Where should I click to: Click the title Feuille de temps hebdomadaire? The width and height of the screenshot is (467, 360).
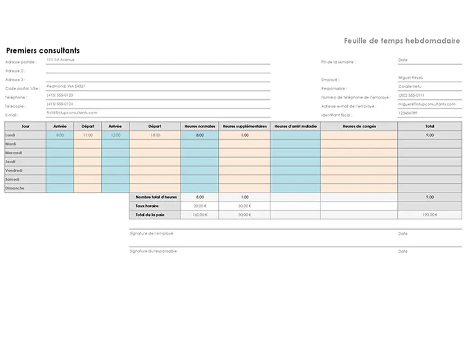coord(402,41)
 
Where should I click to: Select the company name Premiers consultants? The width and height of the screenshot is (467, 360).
coord(43,50)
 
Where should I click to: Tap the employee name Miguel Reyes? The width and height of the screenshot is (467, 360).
coord(410,77)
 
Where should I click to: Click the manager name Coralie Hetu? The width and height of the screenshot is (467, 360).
coord(409,86)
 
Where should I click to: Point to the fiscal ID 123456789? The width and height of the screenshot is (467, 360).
coord(408,113)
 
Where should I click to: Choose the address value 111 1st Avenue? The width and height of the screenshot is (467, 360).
coord(60,59)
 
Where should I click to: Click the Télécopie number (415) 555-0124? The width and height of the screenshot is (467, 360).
coord(60,104)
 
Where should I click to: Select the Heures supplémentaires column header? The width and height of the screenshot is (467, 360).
coord(245,126)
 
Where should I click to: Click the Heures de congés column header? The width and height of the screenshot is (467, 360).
coord(359,126)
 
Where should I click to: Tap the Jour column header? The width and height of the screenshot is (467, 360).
coord(25,126)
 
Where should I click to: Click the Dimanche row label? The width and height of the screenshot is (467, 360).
coord(14,188)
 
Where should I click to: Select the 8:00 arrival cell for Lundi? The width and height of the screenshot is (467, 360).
coord(60,135)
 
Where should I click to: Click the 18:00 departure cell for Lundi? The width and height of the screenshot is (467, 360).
coord(155,135)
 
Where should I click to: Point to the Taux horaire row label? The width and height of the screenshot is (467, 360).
coord(144,206)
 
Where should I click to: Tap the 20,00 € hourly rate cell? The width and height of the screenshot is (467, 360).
coord(200,206)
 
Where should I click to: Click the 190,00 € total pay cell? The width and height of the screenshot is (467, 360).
coord(430,215)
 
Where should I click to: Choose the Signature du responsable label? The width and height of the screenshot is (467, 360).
coord(153,251)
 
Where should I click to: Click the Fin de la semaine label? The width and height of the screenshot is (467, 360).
coord(338,62)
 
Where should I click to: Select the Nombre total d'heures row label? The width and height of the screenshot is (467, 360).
coord(156,197)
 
